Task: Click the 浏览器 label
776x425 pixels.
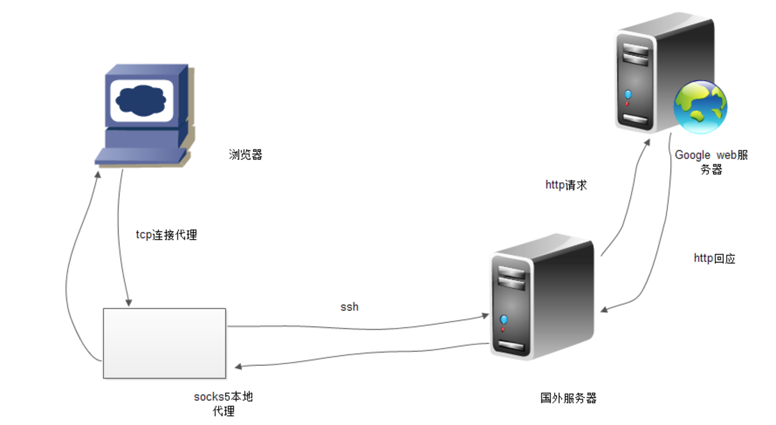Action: (245, 154)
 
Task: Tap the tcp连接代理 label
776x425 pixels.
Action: (166, 235)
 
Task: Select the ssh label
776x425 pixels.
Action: (349, 307)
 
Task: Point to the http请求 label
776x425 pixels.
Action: (566, 185)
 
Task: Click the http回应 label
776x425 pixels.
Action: (714, 258)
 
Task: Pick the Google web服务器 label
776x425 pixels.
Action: (711, 162)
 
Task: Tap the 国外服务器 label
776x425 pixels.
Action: (568, 398)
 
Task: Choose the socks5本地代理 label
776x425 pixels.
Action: (223, 404)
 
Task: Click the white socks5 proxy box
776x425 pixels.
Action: (165, 343)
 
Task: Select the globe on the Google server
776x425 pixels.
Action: (700, 107)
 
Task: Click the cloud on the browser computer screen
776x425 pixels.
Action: (141, 101)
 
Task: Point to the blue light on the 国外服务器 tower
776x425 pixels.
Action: (504, 319)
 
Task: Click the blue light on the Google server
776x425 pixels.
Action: (628, 94)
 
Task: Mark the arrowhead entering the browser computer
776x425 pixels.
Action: (98, 174)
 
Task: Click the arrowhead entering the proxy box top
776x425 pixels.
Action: (128, 302)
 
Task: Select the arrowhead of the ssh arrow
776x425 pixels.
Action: (485, 315)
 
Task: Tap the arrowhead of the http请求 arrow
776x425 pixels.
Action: (647, 143)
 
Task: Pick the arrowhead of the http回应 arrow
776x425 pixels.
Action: (604, 310)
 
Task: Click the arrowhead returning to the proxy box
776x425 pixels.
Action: (238, 367)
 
